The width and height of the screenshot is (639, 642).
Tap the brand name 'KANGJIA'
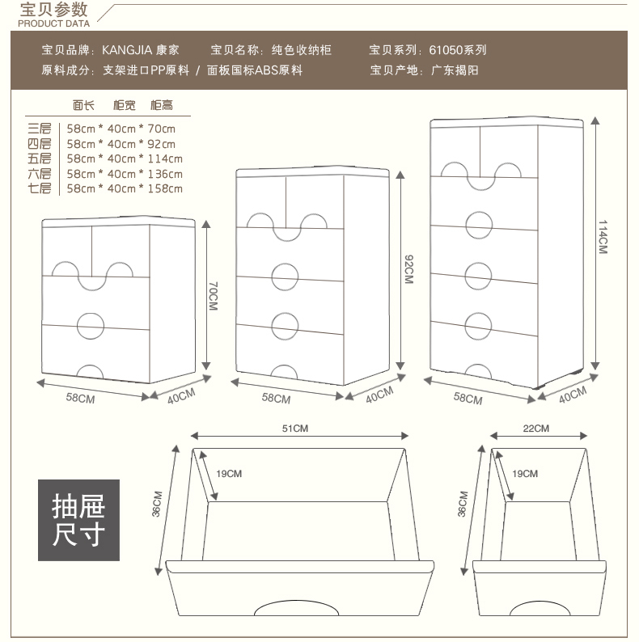[x=124, y=50]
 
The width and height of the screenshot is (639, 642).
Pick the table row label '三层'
[x=39, y=129]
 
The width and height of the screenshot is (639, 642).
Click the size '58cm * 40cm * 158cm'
[x=125, y=189]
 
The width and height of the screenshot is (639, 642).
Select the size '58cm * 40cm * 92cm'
[x=121, y=144]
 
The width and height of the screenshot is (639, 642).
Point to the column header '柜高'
[x=161, y=106]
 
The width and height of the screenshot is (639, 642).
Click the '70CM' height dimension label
[x=214, y=296]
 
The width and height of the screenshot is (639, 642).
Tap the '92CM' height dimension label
[x=408, y=268]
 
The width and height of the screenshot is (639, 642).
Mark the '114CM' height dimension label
[x=603, y=238]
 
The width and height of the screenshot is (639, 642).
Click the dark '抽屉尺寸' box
[x=78, y=520]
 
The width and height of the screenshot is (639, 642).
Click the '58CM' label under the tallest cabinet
[x=468, y=399]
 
